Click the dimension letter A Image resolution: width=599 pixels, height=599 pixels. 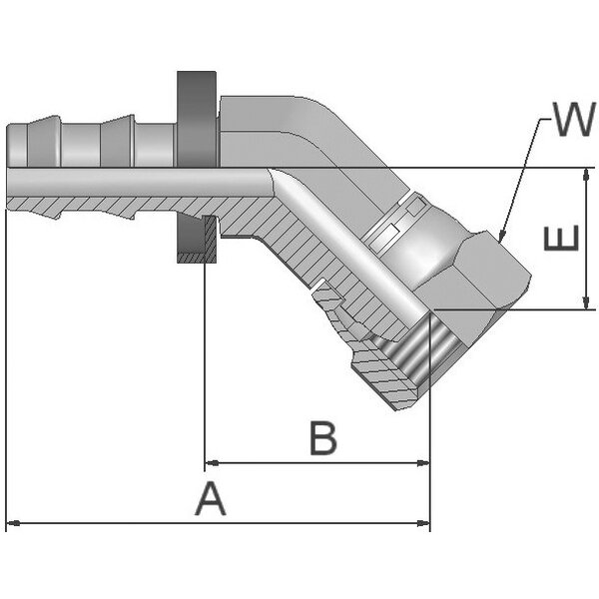click(x=211, y=497)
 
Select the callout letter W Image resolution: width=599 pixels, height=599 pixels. click(x=573, y=121)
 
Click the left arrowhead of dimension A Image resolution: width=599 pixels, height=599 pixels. click(x=12, y=522)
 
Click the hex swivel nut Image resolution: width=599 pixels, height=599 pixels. click(x=464, y=265)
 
